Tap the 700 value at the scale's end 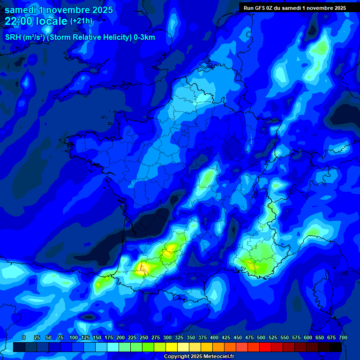pyautogui.click(x=343, y=337)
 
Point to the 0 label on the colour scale pyautogui.click(x=24, y=337)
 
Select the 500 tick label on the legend pyautogui.click(x=261, y=337)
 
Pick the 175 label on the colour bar pyautogui.click(x=109, y=337)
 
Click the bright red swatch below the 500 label pyautogui.click(x=265, y=347)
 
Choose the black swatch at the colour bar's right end pyautogui.click(x=335, y=347)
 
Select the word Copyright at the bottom pyautogui.click(x=178, y=357)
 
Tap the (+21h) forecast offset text pyautogui.click(x=81, y=21)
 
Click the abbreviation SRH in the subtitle pyautogui.click(x=12, y=37)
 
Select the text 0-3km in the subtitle pyautogui.click(x=144, y=37)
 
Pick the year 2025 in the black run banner pyautogui.click(x=337, y=8)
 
